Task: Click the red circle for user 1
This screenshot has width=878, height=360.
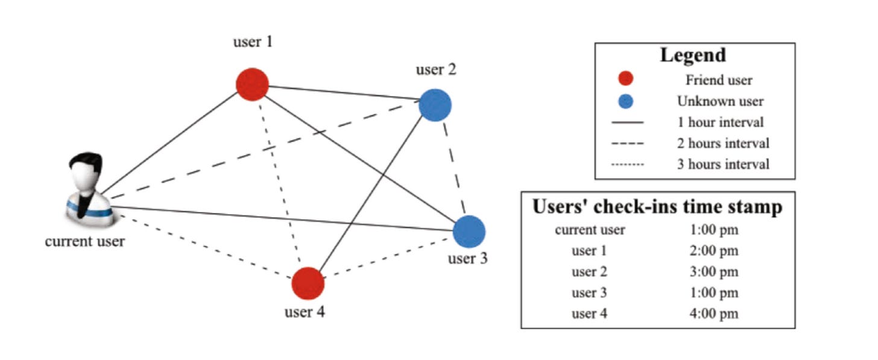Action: pos(252,84)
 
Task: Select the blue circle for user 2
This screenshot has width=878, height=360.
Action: pos(435,105)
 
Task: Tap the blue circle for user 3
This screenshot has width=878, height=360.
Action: pos(469,232)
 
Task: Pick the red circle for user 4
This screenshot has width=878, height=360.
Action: pos(308,283)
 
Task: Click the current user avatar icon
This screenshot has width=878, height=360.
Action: pos(89,190)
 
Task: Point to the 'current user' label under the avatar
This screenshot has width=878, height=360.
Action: pos(84,241)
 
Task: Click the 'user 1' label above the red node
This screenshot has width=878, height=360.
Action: pos(253,42)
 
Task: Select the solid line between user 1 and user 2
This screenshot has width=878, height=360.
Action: pos(344,92)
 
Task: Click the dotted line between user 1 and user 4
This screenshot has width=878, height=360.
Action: pos(280,182)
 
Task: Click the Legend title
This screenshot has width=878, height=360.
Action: pos(693,55)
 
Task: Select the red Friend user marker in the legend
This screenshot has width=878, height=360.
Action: pos(625,78)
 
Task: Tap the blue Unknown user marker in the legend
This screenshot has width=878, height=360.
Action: pos(625,101)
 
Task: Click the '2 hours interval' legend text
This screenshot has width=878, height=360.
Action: pos(723,143)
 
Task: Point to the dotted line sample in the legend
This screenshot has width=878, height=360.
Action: pos(628,164)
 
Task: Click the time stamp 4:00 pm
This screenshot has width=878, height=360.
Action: pos(714,314)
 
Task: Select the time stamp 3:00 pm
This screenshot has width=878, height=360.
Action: pos(714,272)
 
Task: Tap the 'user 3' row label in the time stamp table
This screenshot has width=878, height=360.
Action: pos(589,292)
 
